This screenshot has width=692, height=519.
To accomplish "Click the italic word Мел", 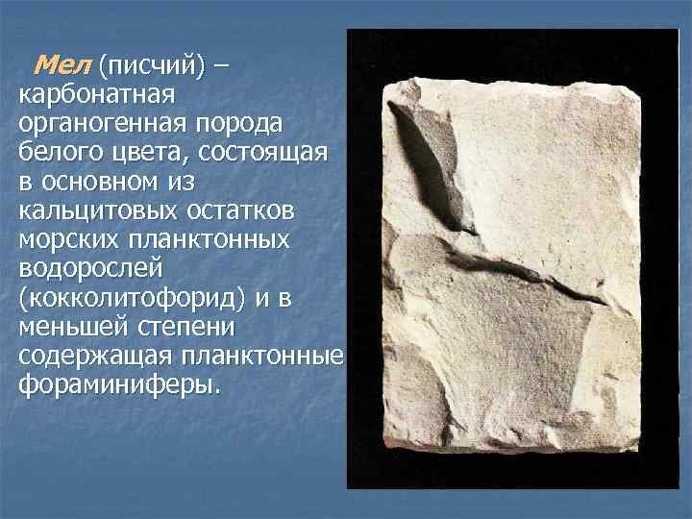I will [62, 67].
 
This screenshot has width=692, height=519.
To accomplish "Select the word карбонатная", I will [95, 96].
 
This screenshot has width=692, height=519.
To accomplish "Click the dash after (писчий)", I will [223, 67].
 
